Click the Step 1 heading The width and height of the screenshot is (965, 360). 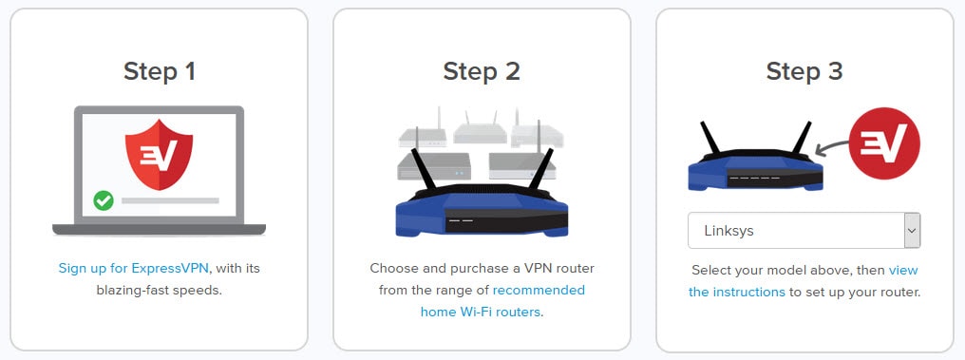click(x=159, y=71)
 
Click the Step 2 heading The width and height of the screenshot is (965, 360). click(x=482, y=71)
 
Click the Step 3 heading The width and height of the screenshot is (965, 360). click(x=804, y=71)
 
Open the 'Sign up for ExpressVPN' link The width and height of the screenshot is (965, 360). click(x=133, y=269)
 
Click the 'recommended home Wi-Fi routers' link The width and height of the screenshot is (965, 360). click(x=539, y=290)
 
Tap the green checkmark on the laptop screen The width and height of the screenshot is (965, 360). click(x=104, y=200)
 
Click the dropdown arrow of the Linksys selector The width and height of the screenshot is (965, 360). click(x=912, y=231)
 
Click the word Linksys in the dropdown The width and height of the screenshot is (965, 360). click(x=729, y=231)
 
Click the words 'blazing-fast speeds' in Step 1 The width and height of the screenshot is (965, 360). click(x=159, y=290)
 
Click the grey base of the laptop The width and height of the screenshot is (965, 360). click(x=159, y=229)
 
